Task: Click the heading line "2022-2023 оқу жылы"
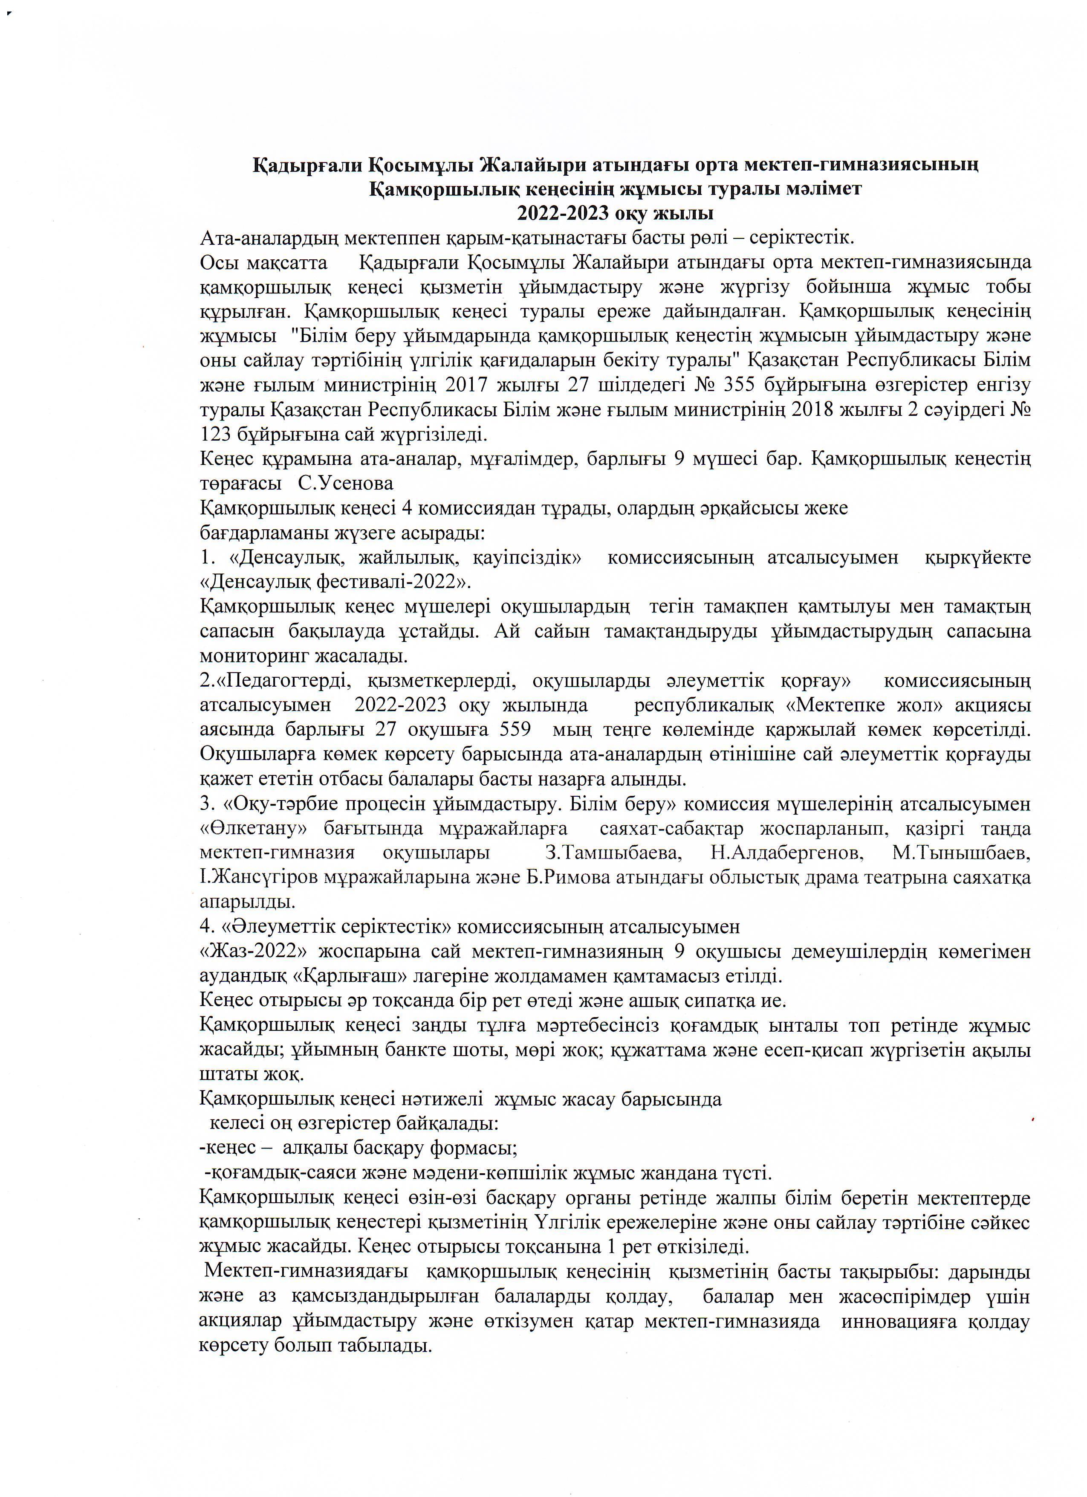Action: tap(614, 214)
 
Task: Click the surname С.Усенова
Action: tap(346, 482)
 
